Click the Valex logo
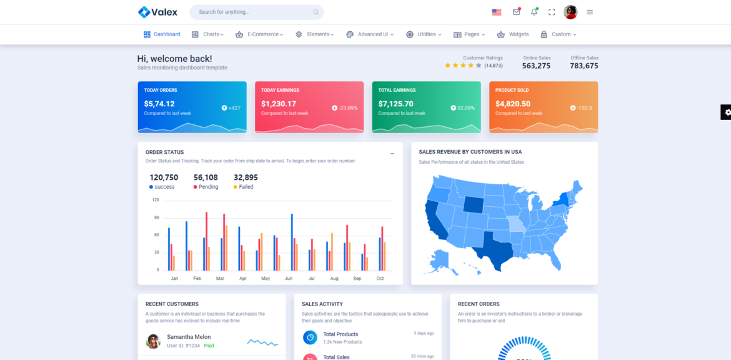[x=157, y=12]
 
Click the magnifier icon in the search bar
[x=316, y=12]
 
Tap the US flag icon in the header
[x=497, y=12]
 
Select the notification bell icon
[x=534, y=12]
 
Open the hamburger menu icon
[x=590, y=12]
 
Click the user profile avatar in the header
[x=570, y=12]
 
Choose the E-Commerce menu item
[x=259, y=34]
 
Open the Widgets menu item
[x=513, y=34]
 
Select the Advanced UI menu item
[x=370, y=34]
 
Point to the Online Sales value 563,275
[x=536, y=66]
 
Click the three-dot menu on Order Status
[x=392, y=153]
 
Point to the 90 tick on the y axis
[x=156, y=217]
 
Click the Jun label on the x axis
[x=289, y=278]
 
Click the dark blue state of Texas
[x=494, y=250]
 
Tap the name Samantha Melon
[x=188, y=337]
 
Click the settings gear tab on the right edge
[x=727, y=112]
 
